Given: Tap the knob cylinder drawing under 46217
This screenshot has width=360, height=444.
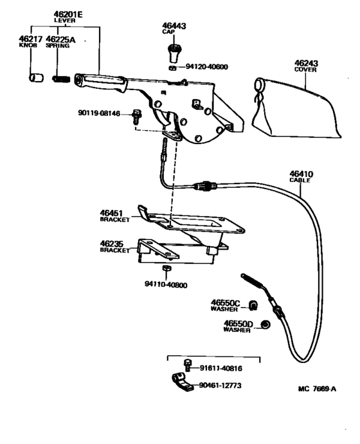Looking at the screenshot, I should coord(35,79).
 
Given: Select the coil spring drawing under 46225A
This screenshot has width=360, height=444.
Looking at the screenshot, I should coord(60,79).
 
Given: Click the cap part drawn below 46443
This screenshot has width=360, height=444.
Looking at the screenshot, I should coord(173,50).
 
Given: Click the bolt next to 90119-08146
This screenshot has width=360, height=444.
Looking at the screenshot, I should coord(136,117).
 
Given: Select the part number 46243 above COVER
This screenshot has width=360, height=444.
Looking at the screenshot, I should coord(305,63).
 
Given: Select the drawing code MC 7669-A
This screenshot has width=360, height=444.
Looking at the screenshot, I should coord(317,389).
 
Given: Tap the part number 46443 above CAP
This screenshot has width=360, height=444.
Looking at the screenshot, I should coord(174,27).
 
